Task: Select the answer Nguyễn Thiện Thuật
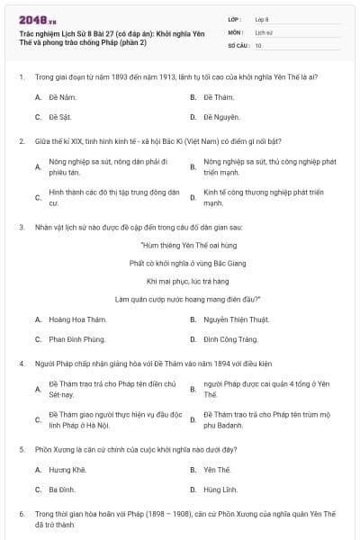(x=235, y=319)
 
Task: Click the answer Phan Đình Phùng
(x=76, y=339)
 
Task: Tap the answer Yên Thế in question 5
(x=218, y=469)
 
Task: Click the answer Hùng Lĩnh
(x=220, y=490)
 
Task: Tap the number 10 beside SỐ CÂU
(x=259, y=44)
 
